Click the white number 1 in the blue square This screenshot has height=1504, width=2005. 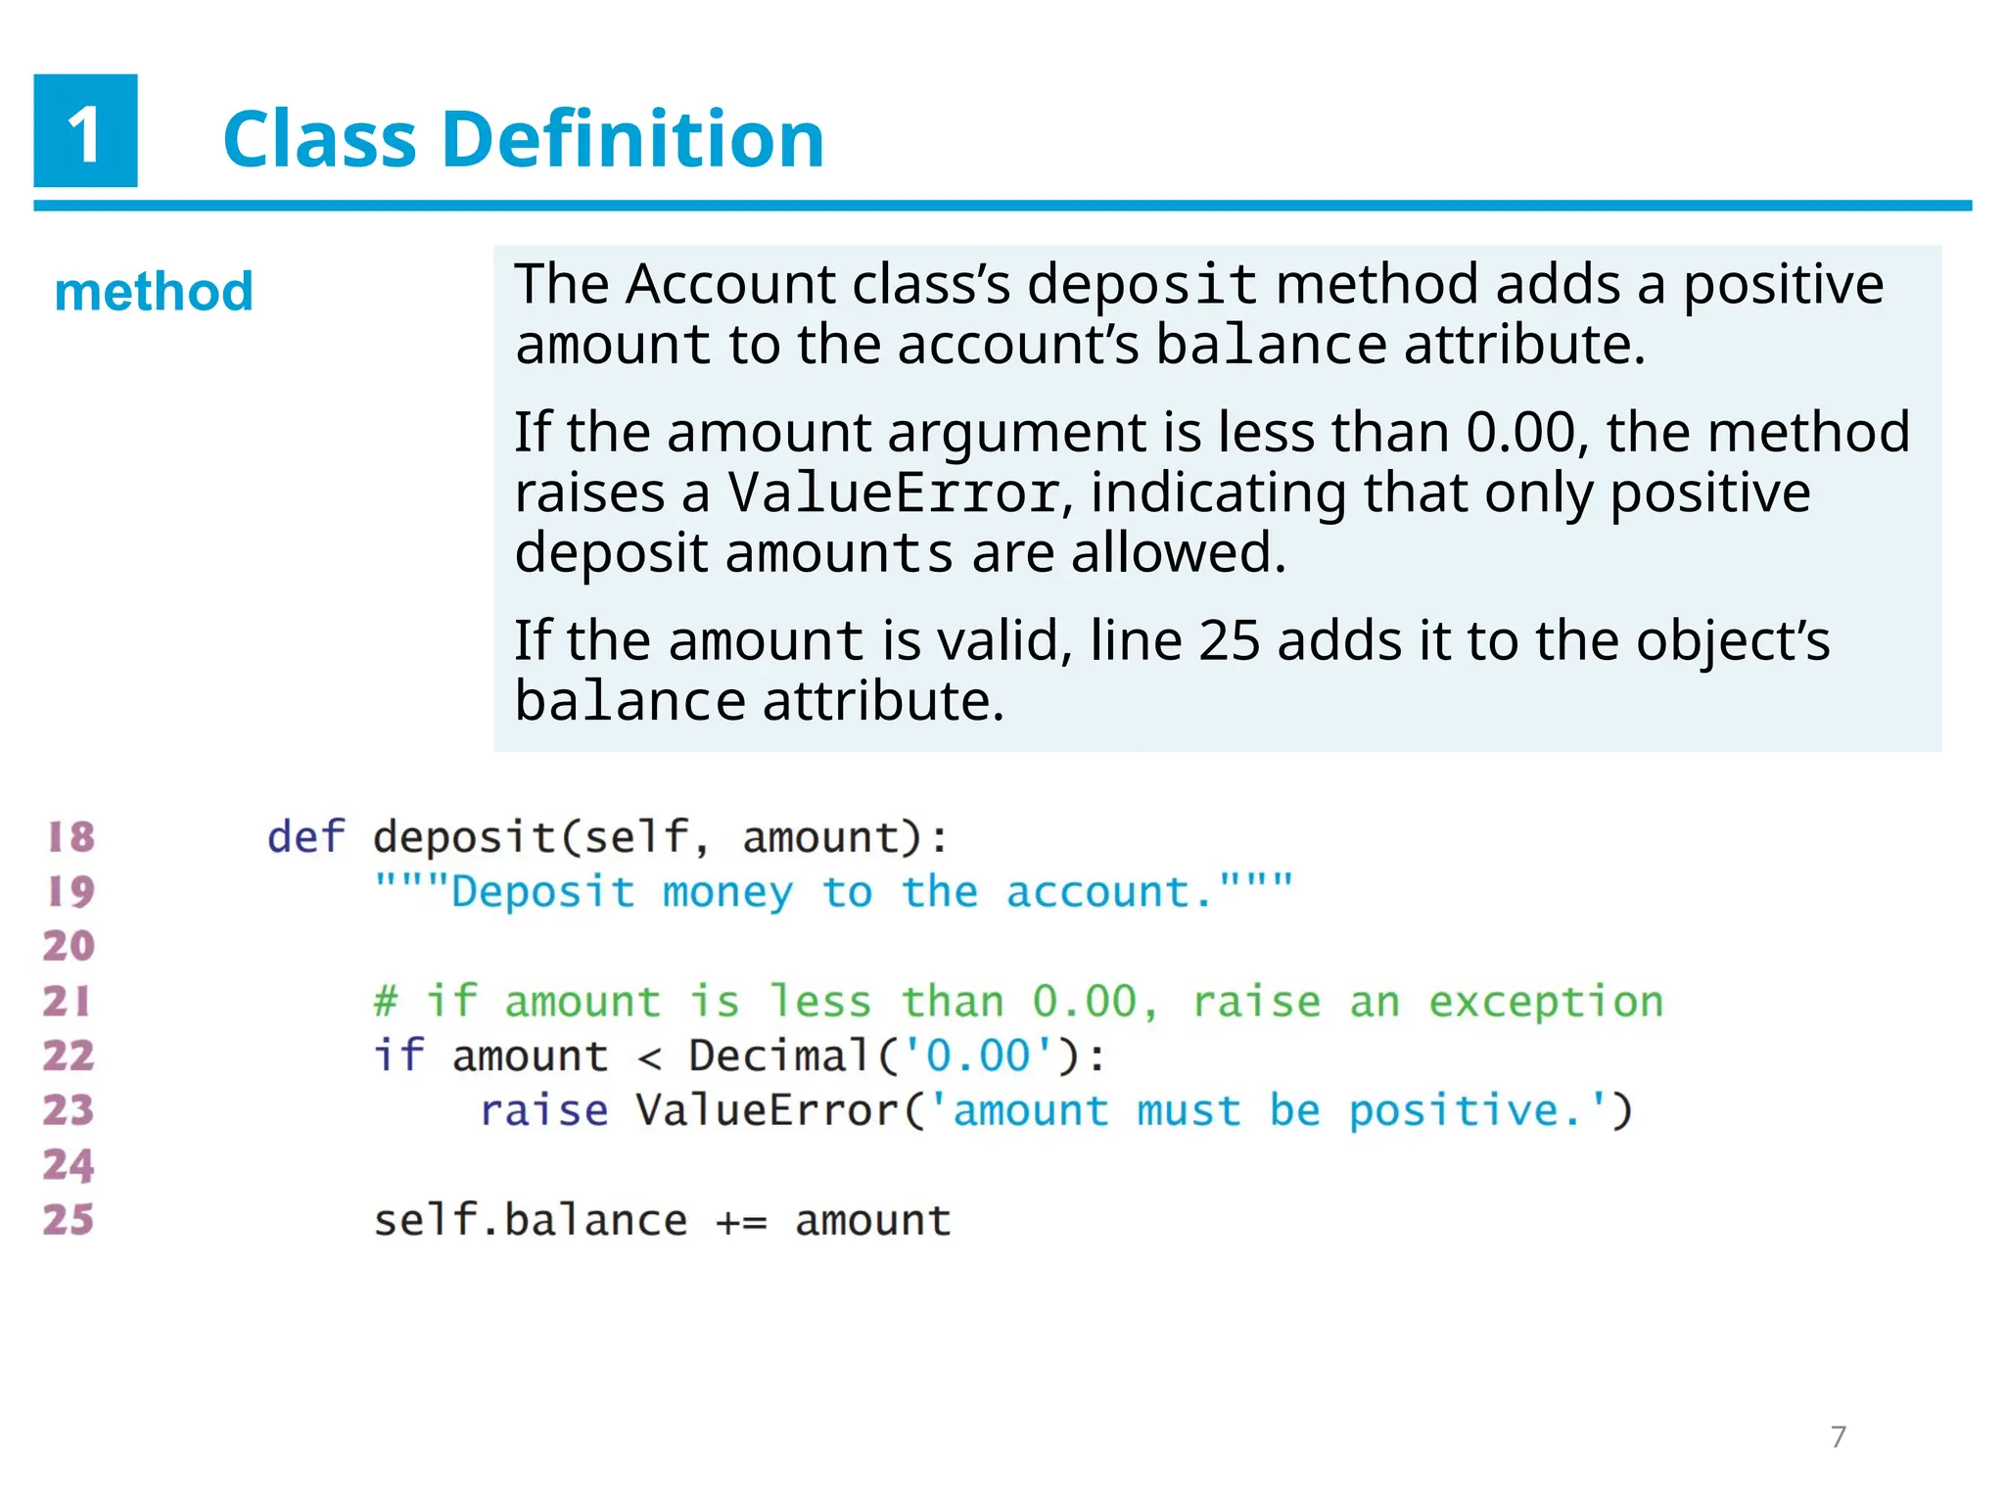coord(85,133)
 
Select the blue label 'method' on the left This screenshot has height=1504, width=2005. coord(154,292)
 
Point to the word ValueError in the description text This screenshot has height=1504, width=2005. coord(893,493)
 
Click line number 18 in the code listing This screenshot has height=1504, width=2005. coord(70,837)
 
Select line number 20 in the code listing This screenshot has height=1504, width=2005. coord(69,946)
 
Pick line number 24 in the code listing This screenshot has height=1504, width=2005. coord(69,1165)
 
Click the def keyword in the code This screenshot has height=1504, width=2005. coord(305,837)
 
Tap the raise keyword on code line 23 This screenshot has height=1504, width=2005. coord(543,1110)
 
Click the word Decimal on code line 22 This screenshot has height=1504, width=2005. coord(779,1056)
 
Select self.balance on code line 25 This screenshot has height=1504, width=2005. coord(530,1220)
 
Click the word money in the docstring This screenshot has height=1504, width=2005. coord(727,892)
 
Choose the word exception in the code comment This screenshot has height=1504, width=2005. coord(1546,1002)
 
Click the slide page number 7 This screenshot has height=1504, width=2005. coord(1838,1436)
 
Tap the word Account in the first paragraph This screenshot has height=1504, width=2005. coord(730,285)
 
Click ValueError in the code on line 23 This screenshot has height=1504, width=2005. coord(767,1110)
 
